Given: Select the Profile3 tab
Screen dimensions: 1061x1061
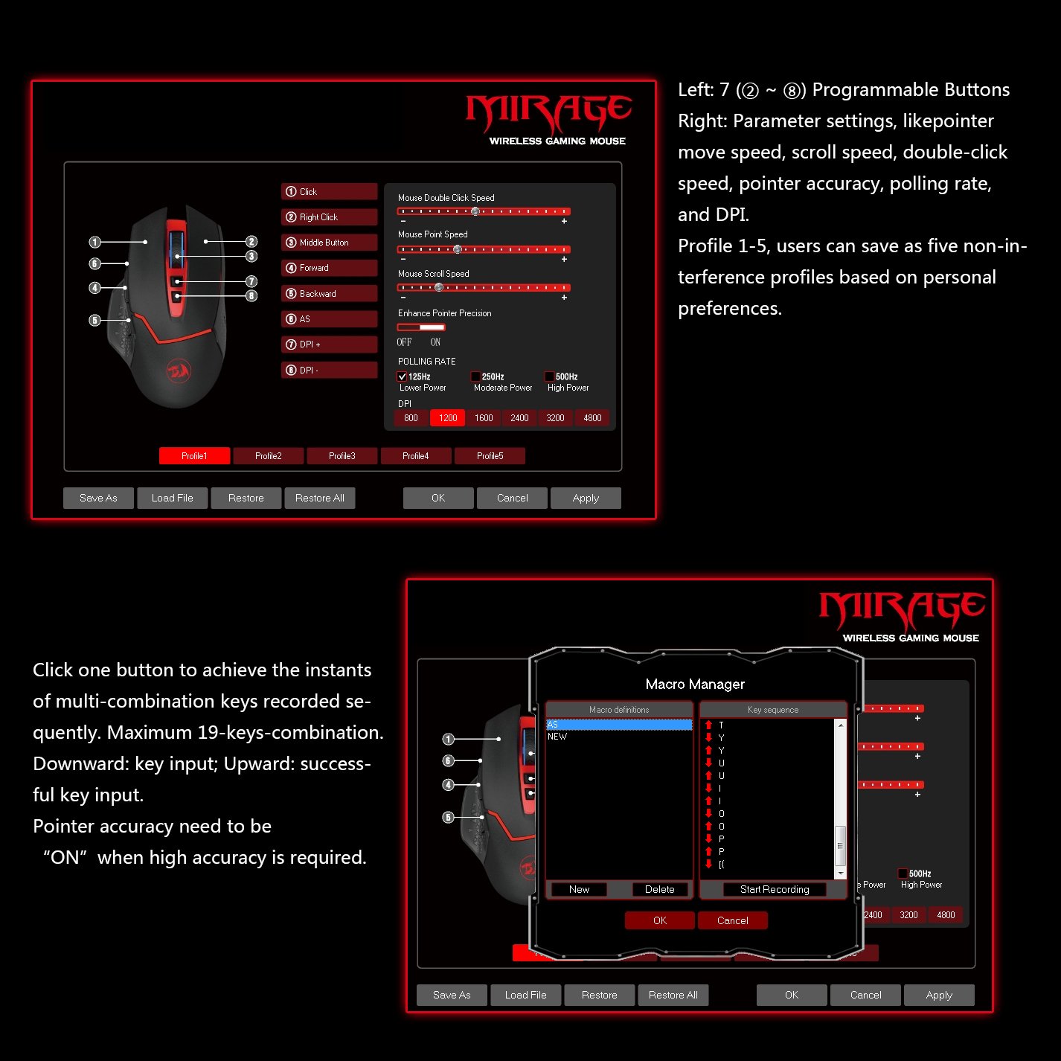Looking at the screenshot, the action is click(x=342, y=456).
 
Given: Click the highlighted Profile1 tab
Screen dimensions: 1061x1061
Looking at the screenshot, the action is click(x=194, y=456).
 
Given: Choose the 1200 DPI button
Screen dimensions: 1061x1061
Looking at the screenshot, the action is click(x=448, y=418).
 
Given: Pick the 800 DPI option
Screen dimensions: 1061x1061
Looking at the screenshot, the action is click(x=411, y=418).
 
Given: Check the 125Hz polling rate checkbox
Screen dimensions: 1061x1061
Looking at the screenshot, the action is click(x=402, y=376).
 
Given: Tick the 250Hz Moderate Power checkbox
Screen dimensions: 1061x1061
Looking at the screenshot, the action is click(x=475, y=376).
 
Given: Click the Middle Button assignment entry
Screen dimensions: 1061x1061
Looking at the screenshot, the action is click(x=330, y=243).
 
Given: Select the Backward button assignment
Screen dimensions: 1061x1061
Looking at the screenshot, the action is click(x=330, y=293).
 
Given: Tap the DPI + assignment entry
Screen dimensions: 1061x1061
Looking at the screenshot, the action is click(x=330, y=344).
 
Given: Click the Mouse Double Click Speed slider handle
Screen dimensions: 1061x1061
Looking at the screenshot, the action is click(x=475, y=211).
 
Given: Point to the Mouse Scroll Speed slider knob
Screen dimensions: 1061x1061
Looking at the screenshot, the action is click(x=439, y=287).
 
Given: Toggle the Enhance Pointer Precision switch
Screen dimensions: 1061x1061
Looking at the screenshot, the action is click(x=421, y=327).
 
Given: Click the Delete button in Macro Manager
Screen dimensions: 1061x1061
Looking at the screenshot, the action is click(x=659, y=889).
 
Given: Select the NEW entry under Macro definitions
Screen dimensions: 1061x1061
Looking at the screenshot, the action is click(x=557, y=737).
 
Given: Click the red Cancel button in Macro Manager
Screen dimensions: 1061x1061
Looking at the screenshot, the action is click(x=732, y=920).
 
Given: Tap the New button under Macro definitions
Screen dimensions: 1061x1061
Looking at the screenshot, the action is click(x=579, y=889).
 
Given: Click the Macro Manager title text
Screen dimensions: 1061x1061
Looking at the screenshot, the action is click(x=695, y=684).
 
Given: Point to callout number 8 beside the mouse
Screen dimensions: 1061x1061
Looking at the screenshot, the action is click(x=251, y=295).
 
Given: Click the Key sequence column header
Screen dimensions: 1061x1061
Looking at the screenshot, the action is click(x=773, y=710).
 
